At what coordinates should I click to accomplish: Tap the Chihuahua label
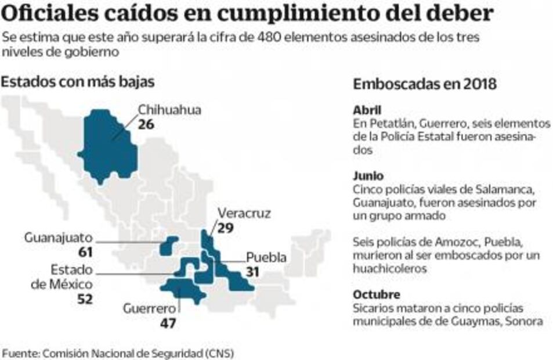(x=169, y=110)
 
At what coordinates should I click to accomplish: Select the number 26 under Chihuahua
(x=146, y=124)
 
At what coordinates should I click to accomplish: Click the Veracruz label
(x=244, y=213)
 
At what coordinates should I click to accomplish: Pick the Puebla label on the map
(x=266, y=257)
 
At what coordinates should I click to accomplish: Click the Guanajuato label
(x=59, y=238)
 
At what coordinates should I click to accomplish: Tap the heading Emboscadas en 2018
(x=425, y=84)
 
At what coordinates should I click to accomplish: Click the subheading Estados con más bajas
(x=78, y=82)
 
